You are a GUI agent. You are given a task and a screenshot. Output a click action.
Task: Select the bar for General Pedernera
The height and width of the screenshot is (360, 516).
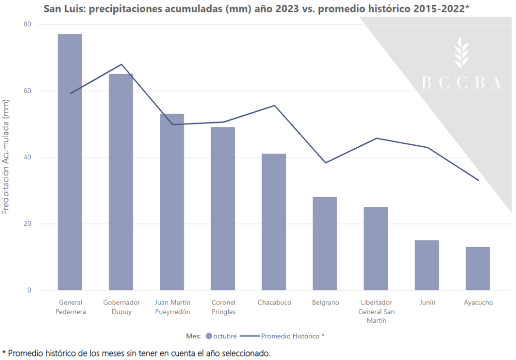70,162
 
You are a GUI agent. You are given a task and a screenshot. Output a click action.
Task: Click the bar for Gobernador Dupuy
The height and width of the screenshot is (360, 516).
121,182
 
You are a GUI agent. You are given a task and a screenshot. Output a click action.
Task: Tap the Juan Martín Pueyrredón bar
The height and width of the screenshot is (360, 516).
172,202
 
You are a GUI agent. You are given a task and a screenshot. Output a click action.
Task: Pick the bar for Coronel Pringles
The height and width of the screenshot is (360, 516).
223,208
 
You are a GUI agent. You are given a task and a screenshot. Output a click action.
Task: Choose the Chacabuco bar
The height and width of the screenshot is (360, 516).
274,222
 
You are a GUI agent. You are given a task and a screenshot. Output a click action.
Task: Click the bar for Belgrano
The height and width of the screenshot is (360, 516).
325,244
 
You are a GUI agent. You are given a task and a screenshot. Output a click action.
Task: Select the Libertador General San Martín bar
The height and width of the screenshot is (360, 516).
376,249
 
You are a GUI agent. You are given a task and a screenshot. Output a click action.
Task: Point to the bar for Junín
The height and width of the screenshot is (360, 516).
427,265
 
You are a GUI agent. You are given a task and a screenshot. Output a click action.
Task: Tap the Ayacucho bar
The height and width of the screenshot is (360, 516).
478,268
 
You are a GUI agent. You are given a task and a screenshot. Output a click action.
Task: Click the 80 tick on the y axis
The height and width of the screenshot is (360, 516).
27,24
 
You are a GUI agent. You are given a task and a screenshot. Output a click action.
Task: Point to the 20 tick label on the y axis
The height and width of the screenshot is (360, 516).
27,224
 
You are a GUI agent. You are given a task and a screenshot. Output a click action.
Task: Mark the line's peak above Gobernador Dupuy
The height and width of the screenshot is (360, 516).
121,65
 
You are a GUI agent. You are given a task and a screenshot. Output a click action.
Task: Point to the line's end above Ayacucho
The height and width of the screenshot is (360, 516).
478,180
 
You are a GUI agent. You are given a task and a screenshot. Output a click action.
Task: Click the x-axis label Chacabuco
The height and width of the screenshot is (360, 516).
274,303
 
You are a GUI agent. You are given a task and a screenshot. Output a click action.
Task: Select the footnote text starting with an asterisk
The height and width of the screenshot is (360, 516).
136,353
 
